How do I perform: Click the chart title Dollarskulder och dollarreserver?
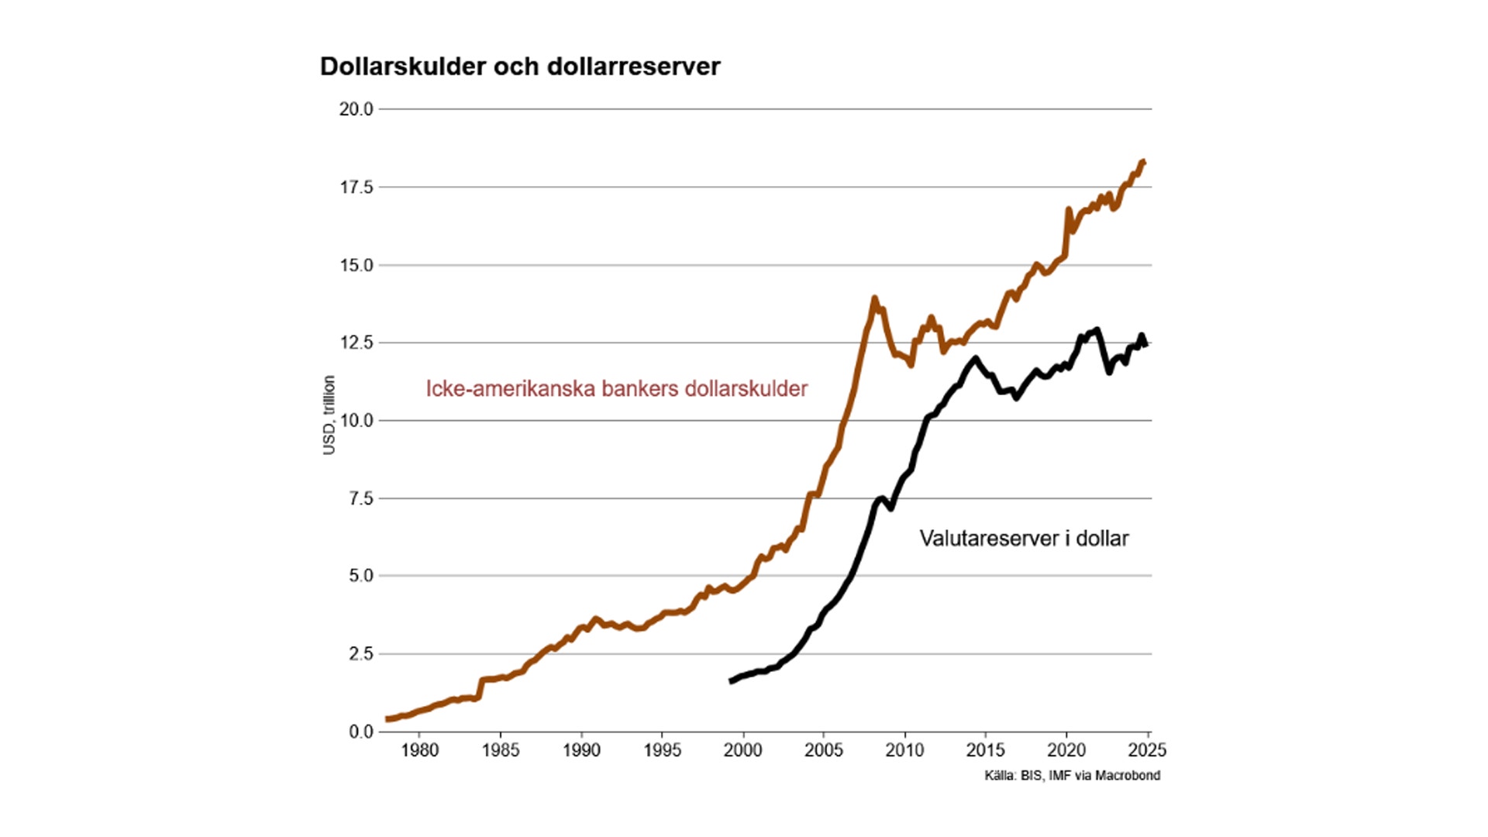pyautogui.click(x=520, y=67)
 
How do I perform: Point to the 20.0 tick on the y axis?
pyautogui.click(x=356, y=109)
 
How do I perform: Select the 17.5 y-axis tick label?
pyautogui.click(x=356, y=188)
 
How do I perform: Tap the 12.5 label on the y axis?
pyautogui.click(x=356, y=343)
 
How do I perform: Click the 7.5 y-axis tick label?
pyautogui.click(x=360, y=498)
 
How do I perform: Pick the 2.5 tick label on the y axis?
pyautogui.click(x=360, y=654)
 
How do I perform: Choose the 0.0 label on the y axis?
pyautogui.click(x=360, y=732)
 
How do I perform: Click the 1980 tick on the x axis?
pyautogui.click(x=419, y=750)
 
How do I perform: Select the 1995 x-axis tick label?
pyautogui.click(x=662, y=750)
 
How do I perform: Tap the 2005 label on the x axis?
pyautogui.click(x=824, y=750)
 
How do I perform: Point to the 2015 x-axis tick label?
pyautogui.click(x=985, y=750)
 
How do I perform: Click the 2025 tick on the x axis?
pyautogui.click(x=1147, y=750)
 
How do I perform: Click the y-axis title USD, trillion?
pyautogui.click(x=329, y=415)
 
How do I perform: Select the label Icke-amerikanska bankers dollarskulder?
pyautogui.click(x=616, y=388)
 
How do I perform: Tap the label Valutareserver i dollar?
pyautogui.click(x=1024, y=538)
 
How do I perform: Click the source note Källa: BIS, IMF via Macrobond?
pyautogui.click(x=1072, y=775)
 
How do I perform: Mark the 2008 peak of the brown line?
pyautogui.click(x=874, y=298)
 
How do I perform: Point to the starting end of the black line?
pyautogui.click(x=731, y=681)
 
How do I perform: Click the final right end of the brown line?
pyautogui.click(x=1144, y=161)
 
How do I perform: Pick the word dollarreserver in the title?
pyautogui.click(x=633, y=67)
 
